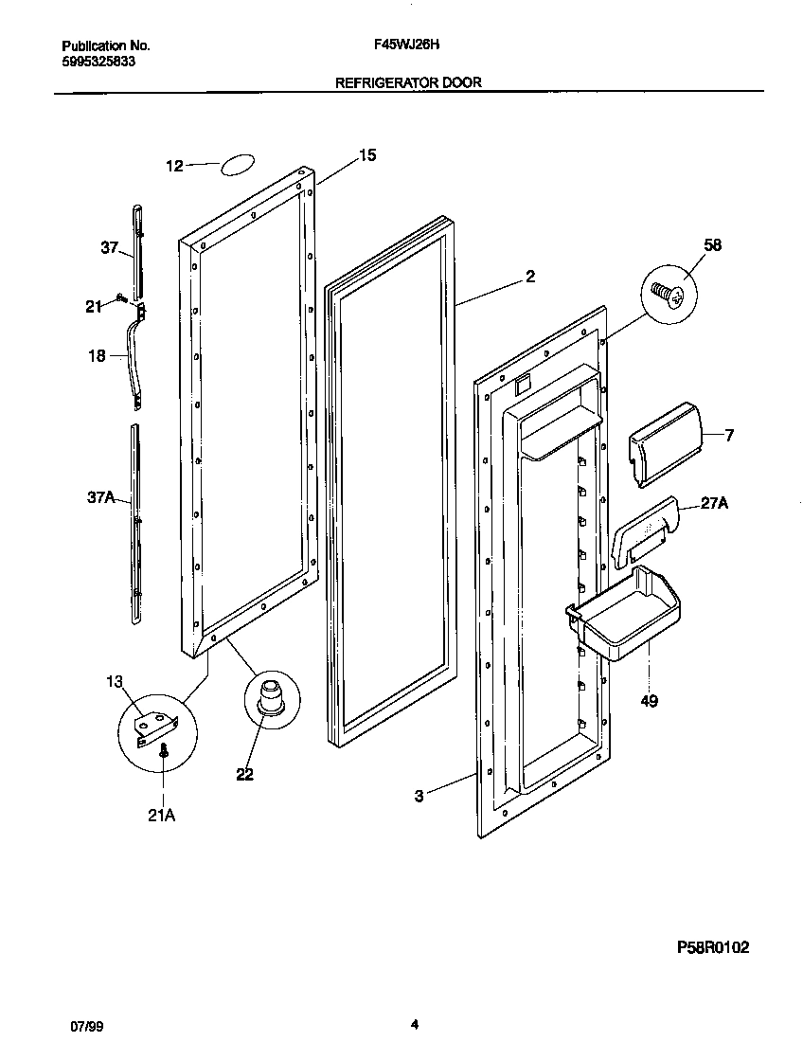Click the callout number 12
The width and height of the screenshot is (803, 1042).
tap(174, 166)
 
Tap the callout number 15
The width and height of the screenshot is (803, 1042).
tap(367, 155)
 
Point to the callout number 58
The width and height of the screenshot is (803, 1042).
tap(712, 245)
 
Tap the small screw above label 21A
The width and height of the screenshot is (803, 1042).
tap(166, 750)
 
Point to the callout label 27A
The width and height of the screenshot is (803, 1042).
tap(714, 505)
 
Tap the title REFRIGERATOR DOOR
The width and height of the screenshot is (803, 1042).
tap(409, 82)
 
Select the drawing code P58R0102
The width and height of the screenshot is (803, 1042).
tap(713, 946)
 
